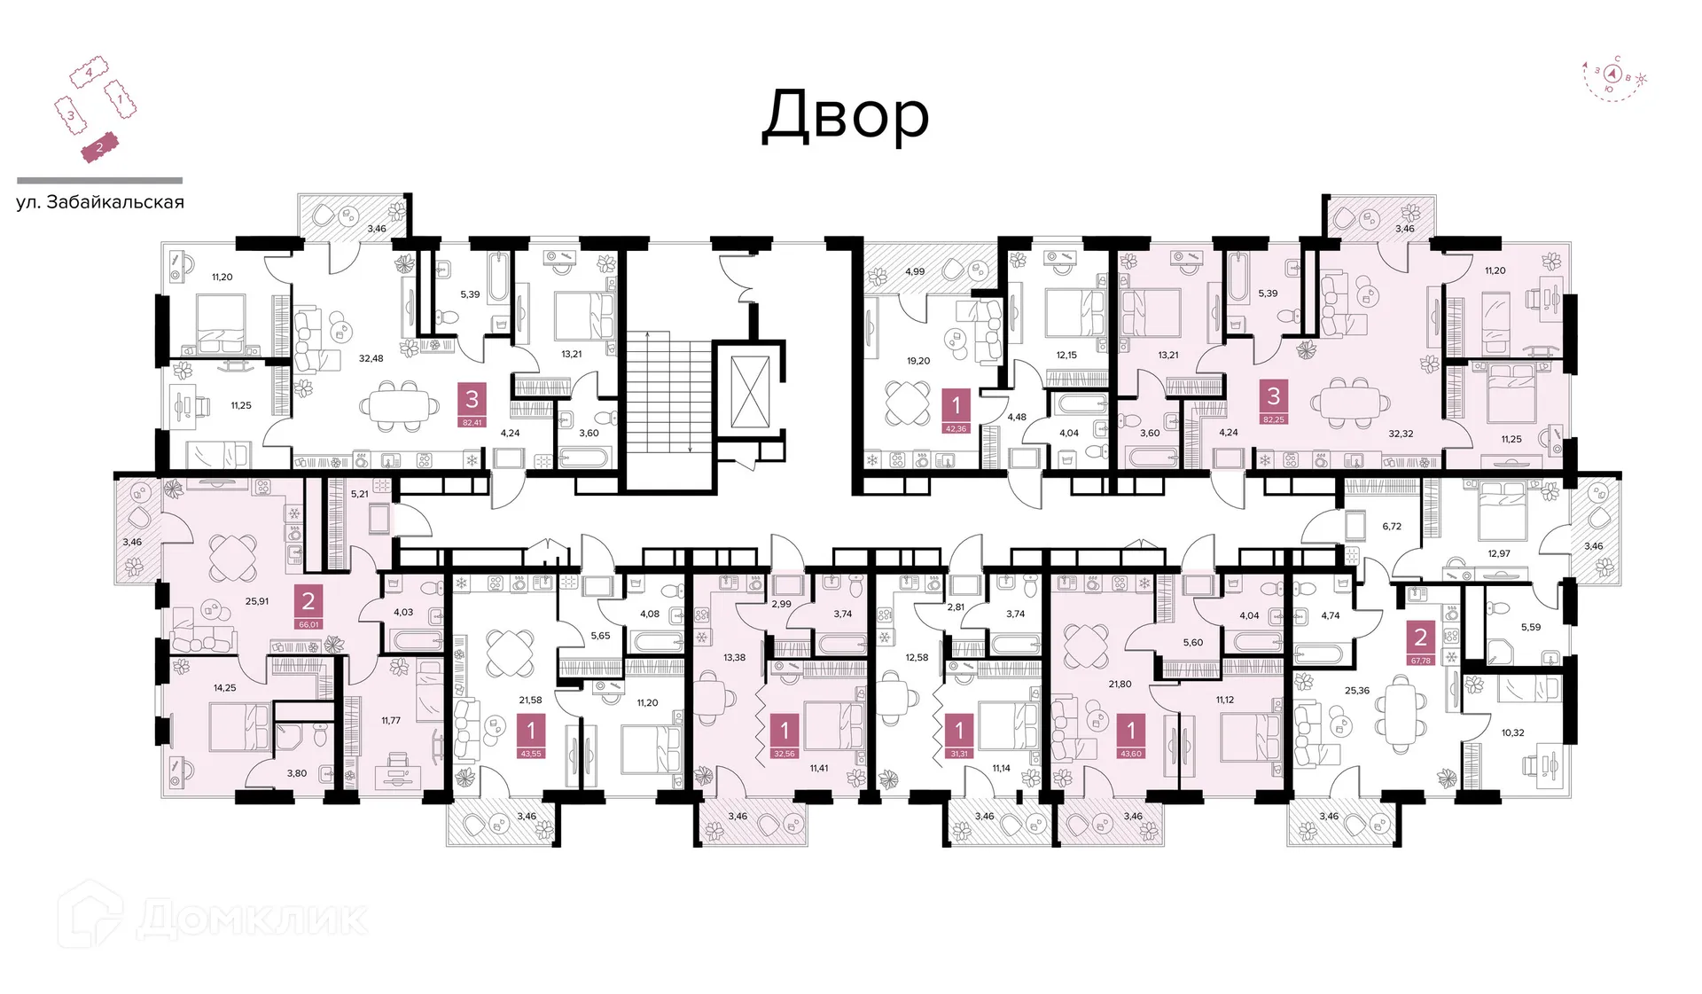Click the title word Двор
pyautogui.click(x=846, y=116)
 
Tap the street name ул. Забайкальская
pyautogui.click(x=100, y=202)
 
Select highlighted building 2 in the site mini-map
pyautogui.click(x=99, y=148)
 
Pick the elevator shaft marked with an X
pyautogui.click(x=750, y=392)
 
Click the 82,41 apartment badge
pyautogui.click(x=472, y=405)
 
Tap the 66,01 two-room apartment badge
pyautogui.click(x=308, y=607)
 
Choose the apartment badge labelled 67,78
pyautogui.click(x=1420, y=642)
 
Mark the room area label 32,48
pyautogui.click(x=371, y=358)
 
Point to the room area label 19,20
pyautogui.click(x=918, y=361)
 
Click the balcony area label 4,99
pyautogui.click(x=915, y=271)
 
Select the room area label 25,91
pyautogui.click(x=257, y=601)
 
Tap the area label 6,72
pyautogui.click(x=1392, y=526)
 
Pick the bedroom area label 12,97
pyautogui.click(x=1499, y=553)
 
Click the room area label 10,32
pyautogui.click(x=1512, y=732)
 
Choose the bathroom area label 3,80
pyautogui.click(x=296, y=773)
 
